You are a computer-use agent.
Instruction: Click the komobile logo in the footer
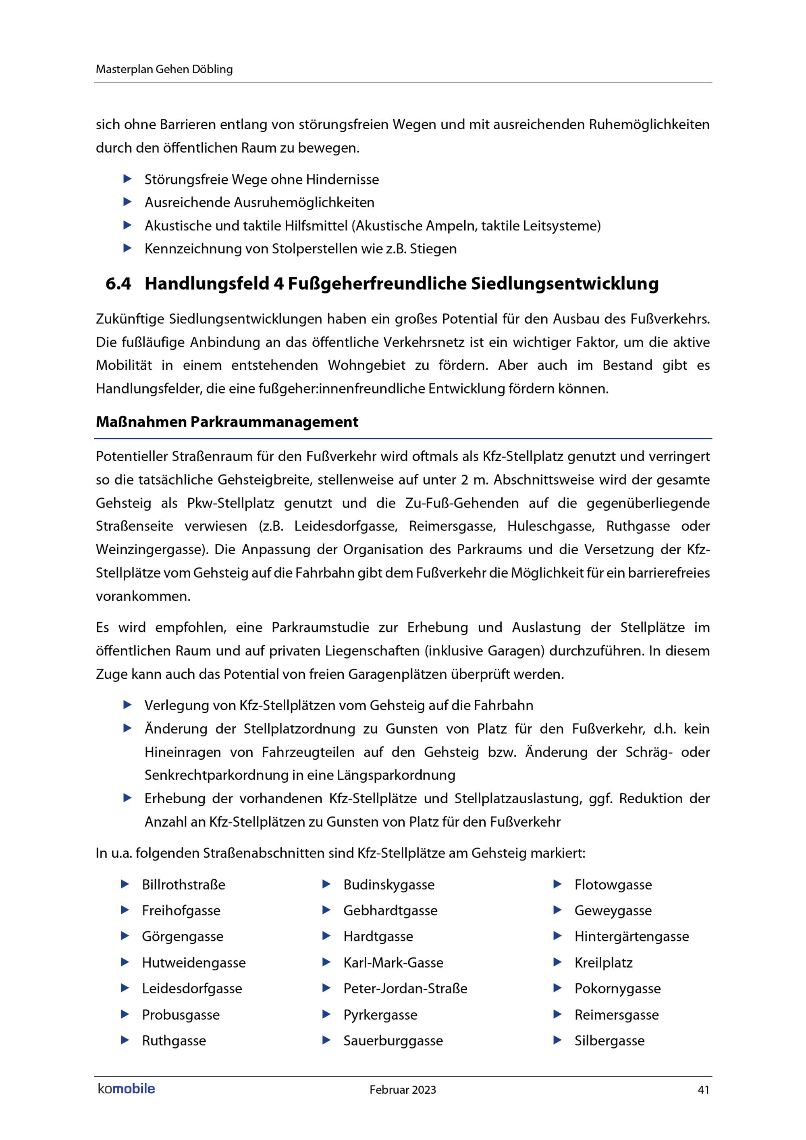(x=126, y=1089)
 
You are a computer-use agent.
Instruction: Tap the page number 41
(x=703, y=1090)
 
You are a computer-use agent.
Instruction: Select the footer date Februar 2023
(x=402, y=1090)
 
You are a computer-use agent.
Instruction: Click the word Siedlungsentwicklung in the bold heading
(x=564, y=284)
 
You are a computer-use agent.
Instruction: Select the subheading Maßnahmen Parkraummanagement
(x=227, y=422)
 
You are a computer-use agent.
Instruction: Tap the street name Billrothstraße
(x=183, y=885)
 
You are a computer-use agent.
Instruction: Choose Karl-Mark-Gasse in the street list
(x=393, y=963)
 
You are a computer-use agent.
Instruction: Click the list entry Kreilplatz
(x=603, y=963)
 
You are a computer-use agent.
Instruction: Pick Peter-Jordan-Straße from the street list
(x=405, y=989)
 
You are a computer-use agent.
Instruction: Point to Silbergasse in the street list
(x=609, y=1041)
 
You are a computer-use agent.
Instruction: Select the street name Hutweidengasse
(x=194, y=963)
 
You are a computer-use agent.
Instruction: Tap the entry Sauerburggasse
(x=393, y=1041)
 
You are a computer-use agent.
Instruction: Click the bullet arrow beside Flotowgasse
(x=557, y=884)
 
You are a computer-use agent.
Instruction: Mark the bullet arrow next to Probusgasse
(x=125, y=1014)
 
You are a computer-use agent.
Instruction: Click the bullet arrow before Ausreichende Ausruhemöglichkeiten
(x=128, y=202)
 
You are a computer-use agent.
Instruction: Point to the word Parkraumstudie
(x=320, y=628)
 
